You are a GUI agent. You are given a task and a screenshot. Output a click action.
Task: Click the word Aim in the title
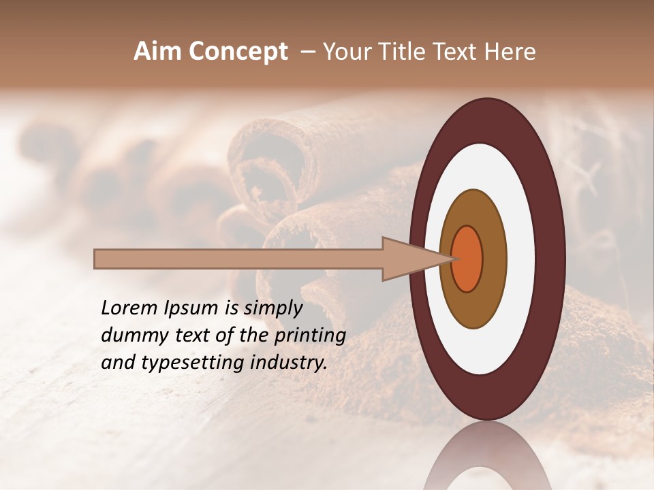point(158,52)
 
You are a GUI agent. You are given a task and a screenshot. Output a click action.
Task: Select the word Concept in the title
point(238,52)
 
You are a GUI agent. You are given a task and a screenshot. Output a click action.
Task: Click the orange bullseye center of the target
point(467,259)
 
